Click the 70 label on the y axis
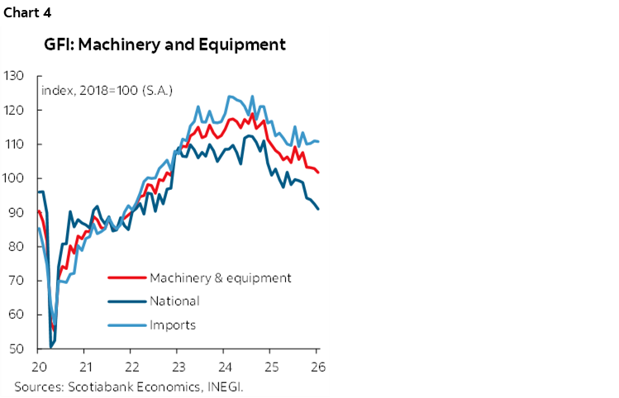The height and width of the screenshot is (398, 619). [x=14, y=281]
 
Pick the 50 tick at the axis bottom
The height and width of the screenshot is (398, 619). [x=14, y=349]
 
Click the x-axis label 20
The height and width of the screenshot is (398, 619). [x=38, y=366]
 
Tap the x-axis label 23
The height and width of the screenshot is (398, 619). [x=179, y=366]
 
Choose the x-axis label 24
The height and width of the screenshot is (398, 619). [x=225, y=366]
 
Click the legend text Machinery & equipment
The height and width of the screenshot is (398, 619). [x=221, y=277]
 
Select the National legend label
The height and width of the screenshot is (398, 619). [x=174, y=301]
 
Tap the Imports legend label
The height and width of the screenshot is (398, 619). [x=173, y=325]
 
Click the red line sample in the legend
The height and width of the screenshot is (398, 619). [x=125, y=278]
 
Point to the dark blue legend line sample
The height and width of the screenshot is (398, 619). [x=125, y=301]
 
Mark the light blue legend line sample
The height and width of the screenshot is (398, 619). [x=125, y=325]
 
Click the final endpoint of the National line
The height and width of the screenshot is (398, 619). [x=319, y=209]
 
